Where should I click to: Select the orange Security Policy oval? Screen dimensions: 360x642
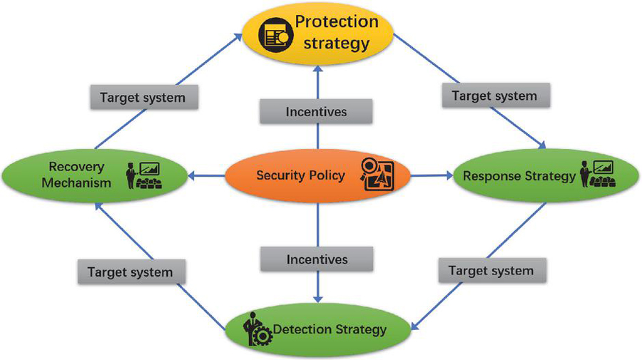[x=317, y=175]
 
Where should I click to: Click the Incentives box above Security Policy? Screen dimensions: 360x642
[x=316, y=112]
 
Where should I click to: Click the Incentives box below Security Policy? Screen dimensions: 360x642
[x=317, y=259]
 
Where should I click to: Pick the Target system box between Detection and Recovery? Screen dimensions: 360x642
[x=130, y=272]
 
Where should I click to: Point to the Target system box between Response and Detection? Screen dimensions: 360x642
[x=491, y=270]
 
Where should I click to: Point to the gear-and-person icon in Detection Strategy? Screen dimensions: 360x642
[x=255, y=329]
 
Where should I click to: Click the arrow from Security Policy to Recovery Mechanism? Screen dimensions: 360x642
[x=207, y=175]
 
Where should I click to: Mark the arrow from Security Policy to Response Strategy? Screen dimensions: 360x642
[x=432, y=175]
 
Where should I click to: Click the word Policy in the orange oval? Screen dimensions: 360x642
[x=326, y=175]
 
